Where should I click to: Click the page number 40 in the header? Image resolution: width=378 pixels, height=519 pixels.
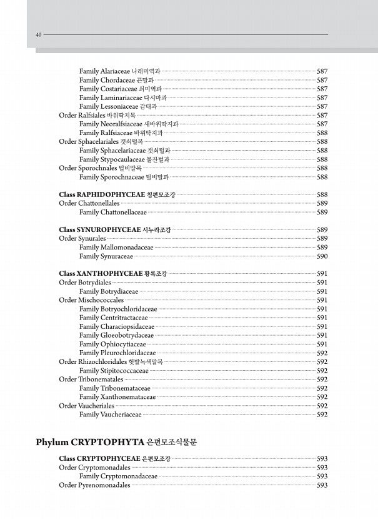tap(38, 35)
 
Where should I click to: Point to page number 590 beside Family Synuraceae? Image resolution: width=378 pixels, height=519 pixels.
tap(322, 256)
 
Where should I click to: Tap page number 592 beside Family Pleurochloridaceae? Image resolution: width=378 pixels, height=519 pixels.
tap(322, 353)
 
